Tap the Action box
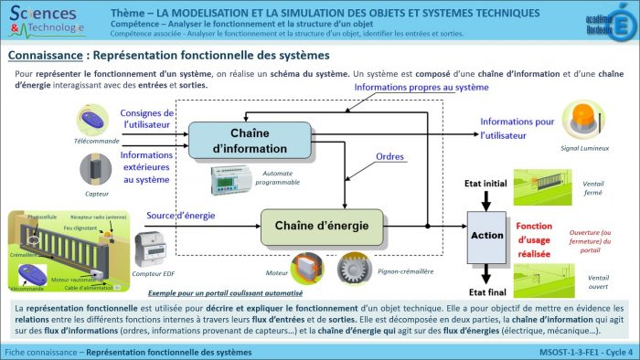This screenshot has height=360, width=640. click(x=486, y=235)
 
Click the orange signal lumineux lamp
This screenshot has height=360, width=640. click(x=584, y=120)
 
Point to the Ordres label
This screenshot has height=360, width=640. click(x=391, y=157)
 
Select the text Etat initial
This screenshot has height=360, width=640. click(x=485, y=184)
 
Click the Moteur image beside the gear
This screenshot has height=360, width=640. click(x=305, y=267)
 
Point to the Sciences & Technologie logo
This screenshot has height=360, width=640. click(x=46, y=20)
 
